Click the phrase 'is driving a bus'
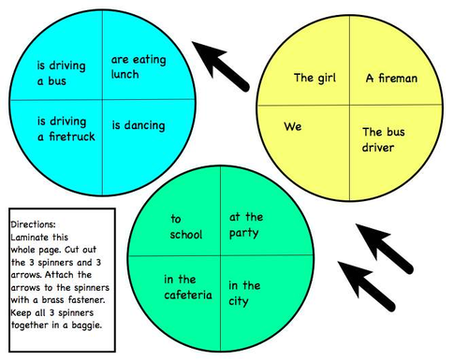coord(62,73)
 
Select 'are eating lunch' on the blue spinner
coord(138,66)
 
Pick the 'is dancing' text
coord(139,124)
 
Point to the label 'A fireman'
coord(391,78)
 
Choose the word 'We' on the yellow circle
coord(293,126)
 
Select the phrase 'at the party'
coord(246,224)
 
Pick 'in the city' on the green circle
coord(245,292)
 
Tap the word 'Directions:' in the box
coord(34,225)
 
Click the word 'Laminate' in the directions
coord(32,238)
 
